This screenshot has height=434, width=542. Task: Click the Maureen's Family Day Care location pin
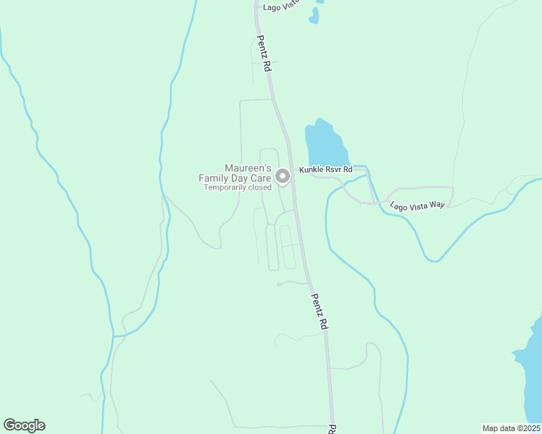pyautogui.click(x=283, y=176)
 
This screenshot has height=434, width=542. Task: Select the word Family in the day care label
pyautogui.click(x=214, y=178)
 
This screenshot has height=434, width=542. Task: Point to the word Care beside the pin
pyautogui.click(x=260, y=178)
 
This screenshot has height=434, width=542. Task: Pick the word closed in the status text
pyautogui.click(x=259, y=187)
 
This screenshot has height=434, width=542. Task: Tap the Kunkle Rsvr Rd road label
pyautogui.click(x=327, y=170)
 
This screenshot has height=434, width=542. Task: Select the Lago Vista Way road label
pyautogui.click(x=417, y=205)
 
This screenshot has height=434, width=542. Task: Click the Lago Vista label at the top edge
pyautogui.click(x=282, y=7)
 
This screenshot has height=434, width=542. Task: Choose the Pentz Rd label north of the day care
pyautogui.click(x=263, y=54)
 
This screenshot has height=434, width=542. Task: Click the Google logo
pyautogui.click(x=24, y=425)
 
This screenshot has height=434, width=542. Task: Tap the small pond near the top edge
pyautogui.click(x=314, y=15)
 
